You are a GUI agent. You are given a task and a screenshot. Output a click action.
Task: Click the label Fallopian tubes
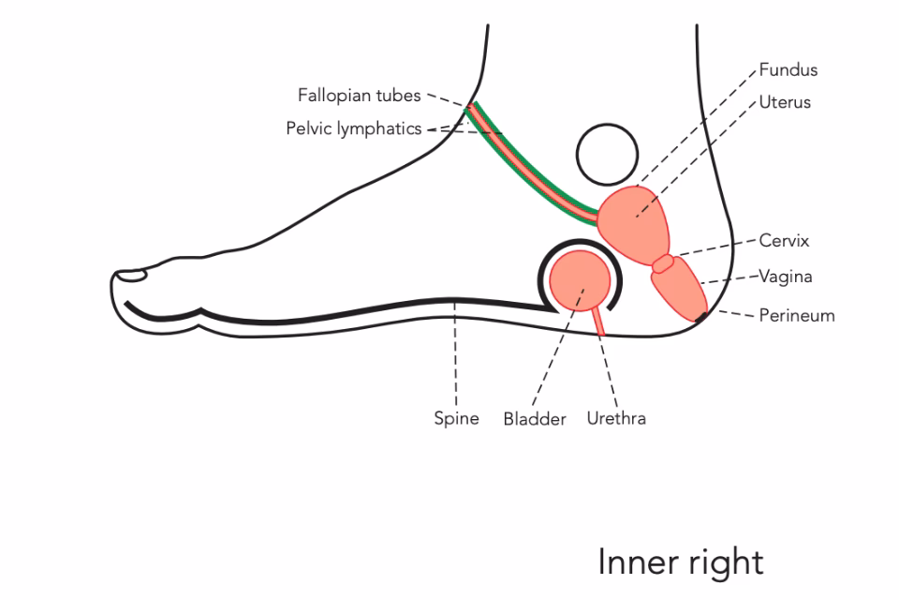360,96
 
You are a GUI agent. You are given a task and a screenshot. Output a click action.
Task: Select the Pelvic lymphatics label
354,128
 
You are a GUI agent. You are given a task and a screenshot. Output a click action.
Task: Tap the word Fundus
788,70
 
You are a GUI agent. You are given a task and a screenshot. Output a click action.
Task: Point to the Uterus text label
785,102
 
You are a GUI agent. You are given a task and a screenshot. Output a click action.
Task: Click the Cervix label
785,241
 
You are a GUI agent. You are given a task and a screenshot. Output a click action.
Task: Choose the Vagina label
786,277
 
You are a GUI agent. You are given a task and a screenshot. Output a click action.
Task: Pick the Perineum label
796,315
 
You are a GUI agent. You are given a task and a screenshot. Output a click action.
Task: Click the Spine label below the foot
456,418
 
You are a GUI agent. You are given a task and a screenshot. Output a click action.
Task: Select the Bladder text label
535,419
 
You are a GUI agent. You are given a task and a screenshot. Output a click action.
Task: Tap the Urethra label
616,418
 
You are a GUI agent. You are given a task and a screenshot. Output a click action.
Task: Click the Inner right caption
681,562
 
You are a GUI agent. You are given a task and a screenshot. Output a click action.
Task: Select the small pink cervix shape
664,263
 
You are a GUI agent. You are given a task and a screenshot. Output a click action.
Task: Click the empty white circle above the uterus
607,156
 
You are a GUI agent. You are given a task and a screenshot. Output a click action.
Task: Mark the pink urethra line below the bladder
598,321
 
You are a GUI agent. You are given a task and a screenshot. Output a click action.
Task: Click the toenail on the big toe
131,276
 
